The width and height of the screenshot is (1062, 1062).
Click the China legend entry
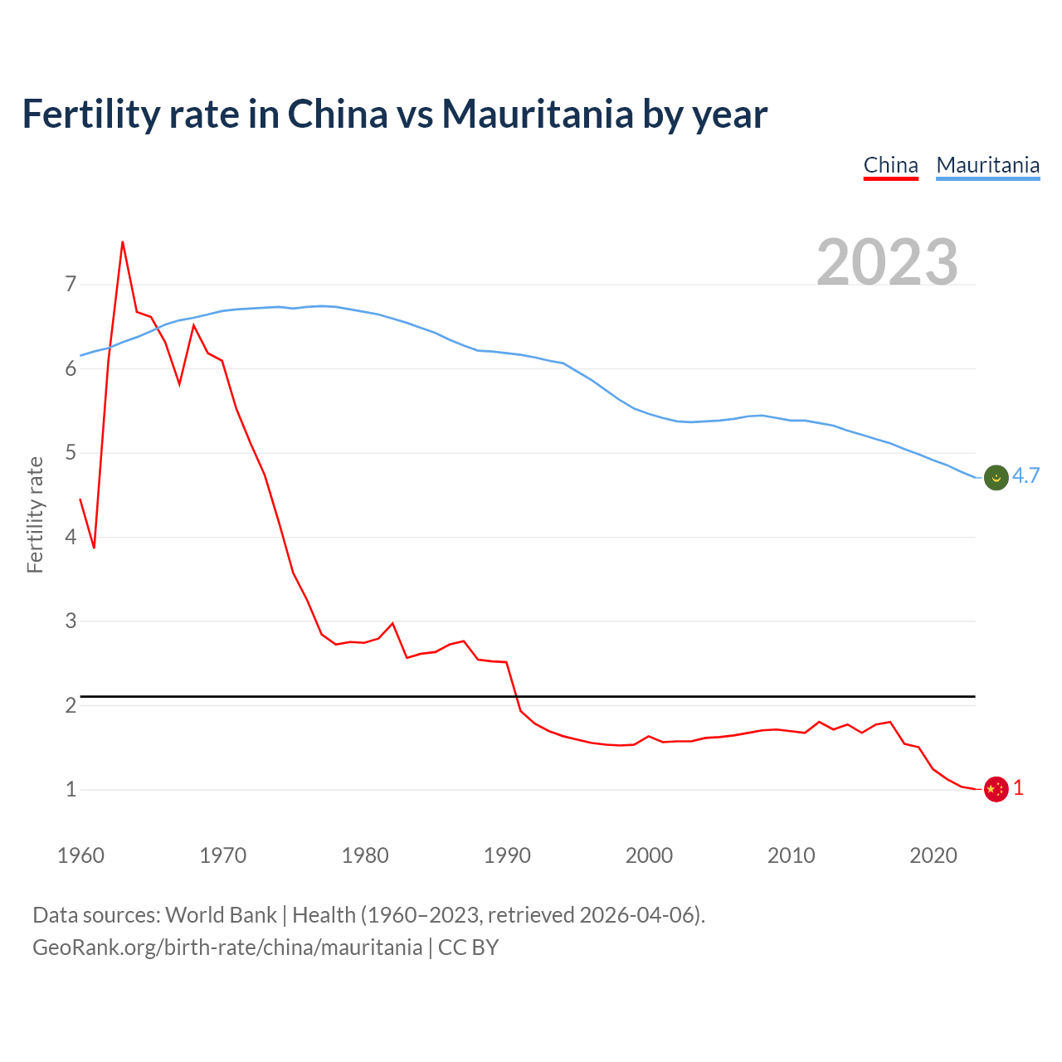(890, 165)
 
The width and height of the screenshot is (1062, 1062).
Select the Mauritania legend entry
(987, 165)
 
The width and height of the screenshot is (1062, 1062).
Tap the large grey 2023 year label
(887, 262)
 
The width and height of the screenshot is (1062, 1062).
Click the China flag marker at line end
(996, 789)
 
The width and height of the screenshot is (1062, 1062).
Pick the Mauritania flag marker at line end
(996, 477)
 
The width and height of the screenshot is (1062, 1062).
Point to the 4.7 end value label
(1025, 475)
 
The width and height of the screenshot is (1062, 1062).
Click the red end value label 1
(1018, 788)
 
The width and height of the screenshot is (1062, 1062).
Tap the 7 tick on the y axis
(71, 285)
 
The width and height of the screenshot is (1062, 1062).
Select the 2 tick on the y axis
(71, 705)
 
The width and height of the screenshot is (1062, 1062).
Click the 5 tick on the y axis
(71, 453)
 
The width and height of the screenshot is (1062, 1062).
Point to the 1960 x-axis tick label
(80, 855)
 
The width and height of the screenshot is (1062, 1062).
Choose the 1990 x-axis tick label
(507, 855)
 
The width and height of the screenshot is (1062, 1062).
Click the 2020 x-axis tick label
(933, 855)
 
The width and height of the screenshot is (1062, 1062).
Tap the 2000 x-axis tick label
(649, 855)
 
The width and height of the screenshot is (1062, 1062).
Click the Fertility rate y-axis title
(35, 514)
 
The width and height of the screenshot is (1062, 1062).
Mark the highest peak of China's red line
(123, 242)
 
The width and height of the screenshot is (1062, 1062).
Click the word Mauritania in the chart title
(538, 114)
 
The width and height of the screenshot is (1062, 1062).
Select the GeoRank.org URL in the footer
(227, 948)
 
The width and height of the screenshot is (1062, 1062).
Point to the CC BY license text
(468, 948)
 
